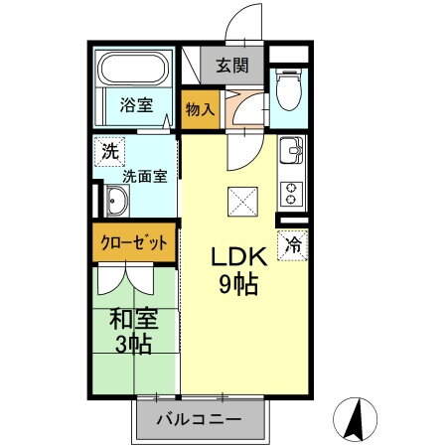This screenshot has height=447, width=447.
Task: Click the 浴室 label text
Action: click(136, 103)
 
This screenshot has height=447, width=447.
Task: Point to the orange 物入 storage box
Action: click(199, 108)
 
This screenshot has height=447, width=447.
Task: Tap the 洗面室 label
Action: click(145, 175)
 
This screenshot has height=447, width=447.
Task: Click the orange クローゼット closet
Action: click(135, 242)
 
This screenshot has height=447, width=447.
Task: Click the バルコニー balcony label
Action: click(199, 420)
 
